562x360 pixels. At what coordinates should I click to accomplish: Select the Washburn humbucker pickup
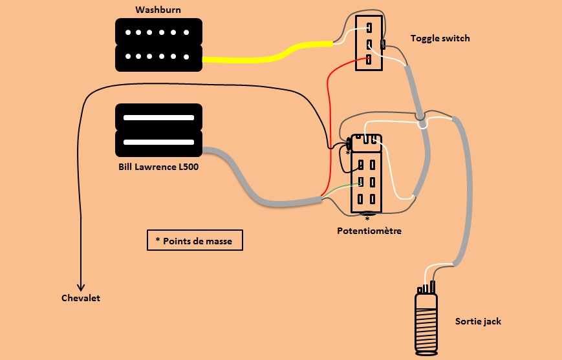158,45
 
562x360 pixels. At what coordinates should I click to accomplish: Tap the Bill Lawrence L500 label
158,167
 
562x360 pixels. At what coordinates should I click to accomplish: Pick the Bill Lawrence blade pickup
158,130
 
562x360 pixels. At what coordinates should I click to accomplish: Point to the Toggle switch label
440,38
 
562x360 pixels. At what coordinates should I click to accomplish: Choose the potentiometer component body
367,175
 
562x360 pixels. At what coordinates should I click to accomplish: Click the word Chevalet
81,298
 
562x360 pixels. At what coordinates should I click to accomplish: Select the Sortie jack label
478,321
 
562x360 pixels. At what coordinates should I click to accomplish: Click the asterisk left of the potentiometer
347,153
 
